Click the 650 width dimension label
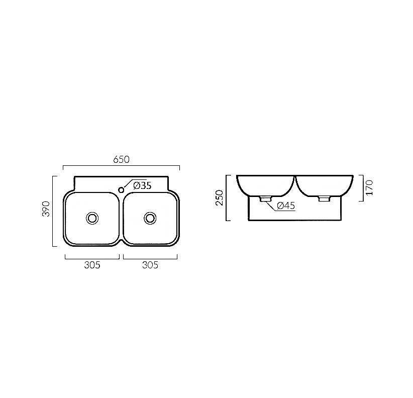pos(121,160)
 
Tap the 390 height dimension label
pos(46,209)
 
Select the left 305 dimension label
pos(92,265)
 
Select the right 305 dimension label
pos(150,265)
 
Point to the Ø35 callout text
pos(143,186)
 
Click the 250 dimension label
pos(220,197)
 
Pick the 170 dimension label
pos(370,187)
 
